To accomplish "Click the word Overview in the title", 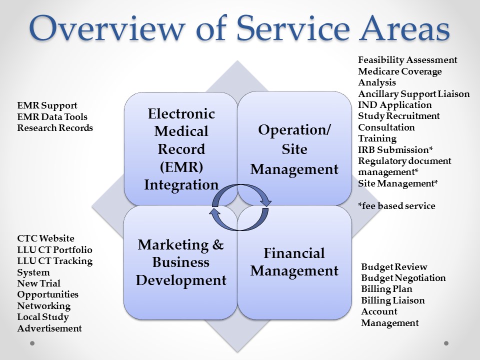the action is pos(107,28).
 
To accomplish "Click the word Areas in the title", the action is pos(404,28).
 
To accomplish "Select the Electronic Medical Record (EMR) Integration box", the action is pos(181,149).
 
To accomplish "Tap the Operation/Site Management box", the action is pos(294,148).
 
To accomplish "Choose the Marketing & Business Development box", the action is pos(180,262).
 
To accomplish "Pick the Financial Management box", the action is pos(294,262).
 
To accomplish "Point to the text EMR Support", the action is pos(47,105).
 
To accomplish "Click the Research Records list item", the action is pos(55,127).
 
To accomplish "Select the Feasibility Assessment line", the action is pos(407,60).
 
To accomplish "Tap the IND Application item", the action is pos(395,105).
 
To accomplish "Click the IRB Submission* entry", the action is pos(395,149).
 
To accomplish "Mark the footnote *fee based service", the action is pos(396,205).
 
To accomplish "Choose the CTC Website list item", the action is pos(45,238).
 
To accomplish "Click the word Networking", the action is pos(44,306).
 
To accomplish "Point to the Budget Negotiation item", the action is pos(403,278).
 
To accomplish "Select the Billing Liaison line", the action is pos(393,300).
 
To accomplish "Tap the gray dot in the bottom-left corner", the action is pos(32,343).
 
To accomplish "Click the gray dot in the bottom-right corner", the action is pos(446,343).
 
